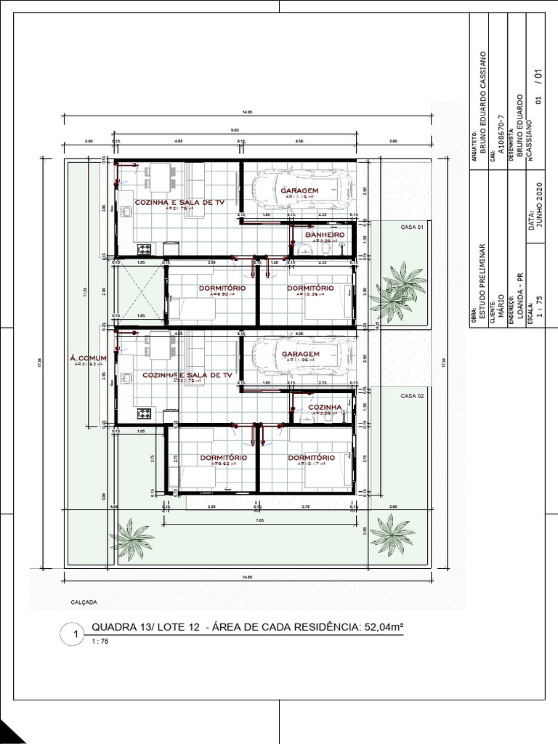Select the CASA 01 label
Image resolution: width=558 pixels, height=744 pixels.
(x=411, y=227)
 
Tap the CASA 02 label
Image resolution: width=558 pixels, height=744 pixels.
(x=411, y=395)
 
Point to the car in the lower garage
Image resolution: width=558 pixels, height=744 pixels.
(x=298, y=353)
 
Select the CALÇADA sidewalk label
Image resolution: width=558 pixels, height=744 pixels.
(x=84, y=602)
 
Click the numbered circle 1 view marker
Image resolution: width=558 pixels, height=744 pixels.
(x=76, y=634)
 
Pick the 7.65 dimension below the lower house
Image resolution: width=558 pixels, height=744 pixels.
(x=259, y=519)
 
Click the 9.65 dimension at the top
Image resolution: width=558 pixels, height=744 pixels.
(x=235, y=130)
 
